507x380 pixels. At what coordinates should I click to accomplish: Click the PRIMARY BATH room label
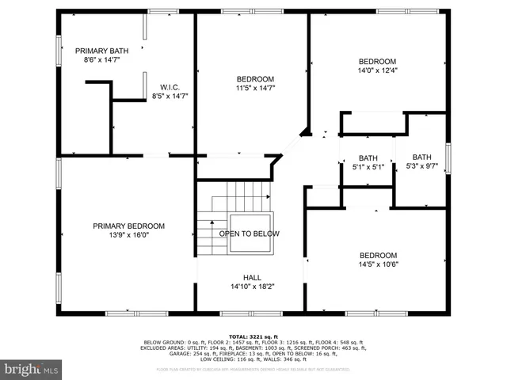pos(101,49)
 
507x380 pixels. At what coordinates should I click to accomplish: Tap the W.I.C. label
pos(170,87)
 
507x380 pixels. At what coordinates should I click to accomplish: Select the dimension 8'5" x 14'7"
pos(170,97)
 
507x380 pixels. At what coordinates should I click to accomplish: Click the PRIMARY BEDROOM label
pos(128,226)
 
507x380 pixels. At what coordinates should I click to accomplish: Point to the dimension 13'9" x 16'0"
pos(128,235)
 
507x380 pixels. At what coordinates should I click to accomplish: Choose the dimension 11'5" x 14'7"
pos(255,89)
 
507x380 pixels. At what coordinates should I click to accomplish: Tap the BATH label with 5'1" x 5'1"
pos(368,158)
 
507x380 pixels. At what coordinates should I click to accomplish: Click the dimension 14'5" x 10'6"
pos(378,264)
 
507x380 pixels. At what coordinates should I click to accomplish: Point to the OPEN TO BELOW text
pos(249,234)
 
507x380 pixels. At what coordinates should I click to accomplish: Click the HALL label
pos(252,277)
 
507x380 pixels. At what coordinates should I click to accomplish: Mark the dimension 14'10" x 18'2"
pos(252,287)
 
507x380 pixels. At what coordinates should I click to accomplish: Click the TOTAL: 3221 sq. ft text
pos(253,336)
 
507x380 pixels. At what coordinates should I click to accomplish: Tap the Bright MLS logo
pos(32,369)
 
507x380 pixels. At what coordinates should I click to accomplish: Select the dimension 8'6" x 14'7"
pos(101,59)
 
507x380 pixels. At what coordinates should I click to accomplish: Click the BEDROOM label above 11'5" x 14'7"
pos(255,79)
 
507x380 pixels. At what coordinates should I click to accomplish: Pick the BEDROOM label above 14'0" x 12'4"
pos(377,62)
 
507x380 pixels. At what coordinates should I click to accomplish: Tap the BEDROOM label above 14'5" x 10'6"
pos(378,255)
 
